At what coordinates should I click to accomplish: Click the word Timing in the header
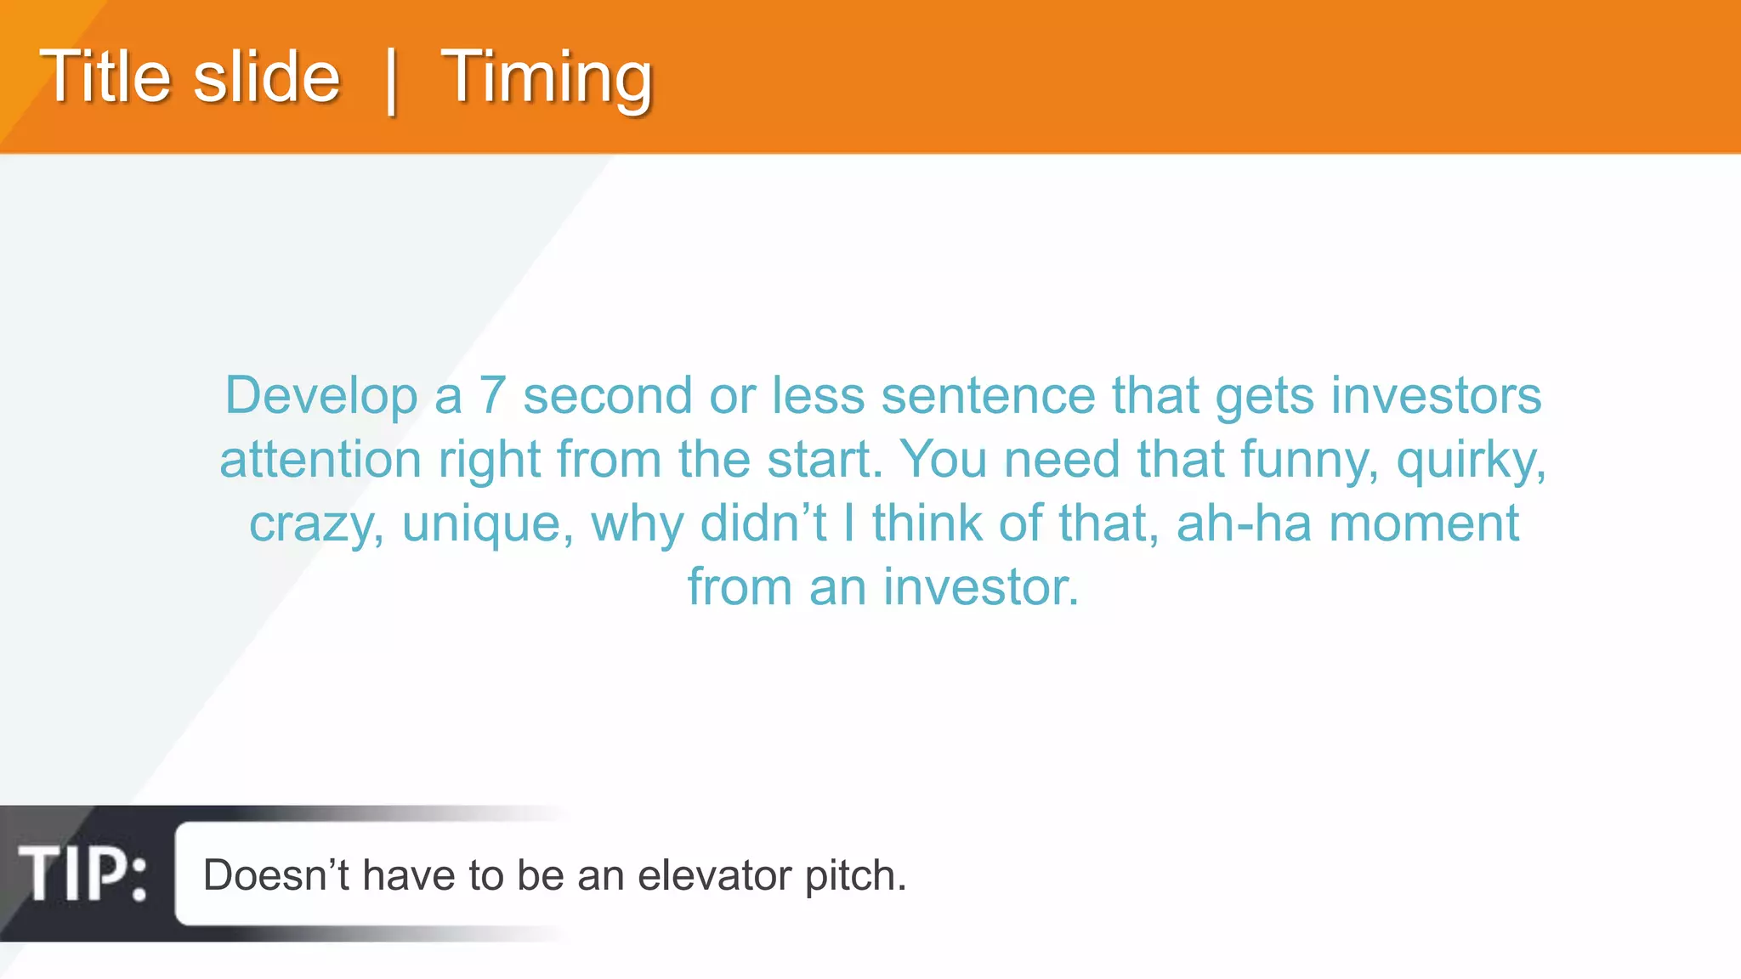[x=546, y=78]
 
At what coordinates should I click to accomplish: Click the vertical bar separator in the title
[x=391, y=80]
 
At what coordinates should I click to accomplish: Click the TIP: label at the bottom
[x=82, y=874]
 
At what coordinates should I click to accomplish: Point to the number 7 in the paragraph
[x=492, y=396]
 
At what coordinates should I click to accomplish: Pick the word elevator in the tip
[x=714, y=875]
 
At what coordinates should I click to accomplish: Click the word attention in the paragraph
[x=320, y=460]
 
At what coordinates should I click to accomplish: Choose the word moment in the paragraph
[x=1423, y=523]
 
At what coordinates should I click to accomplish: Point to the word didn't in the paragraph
[x=763, y=523]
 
